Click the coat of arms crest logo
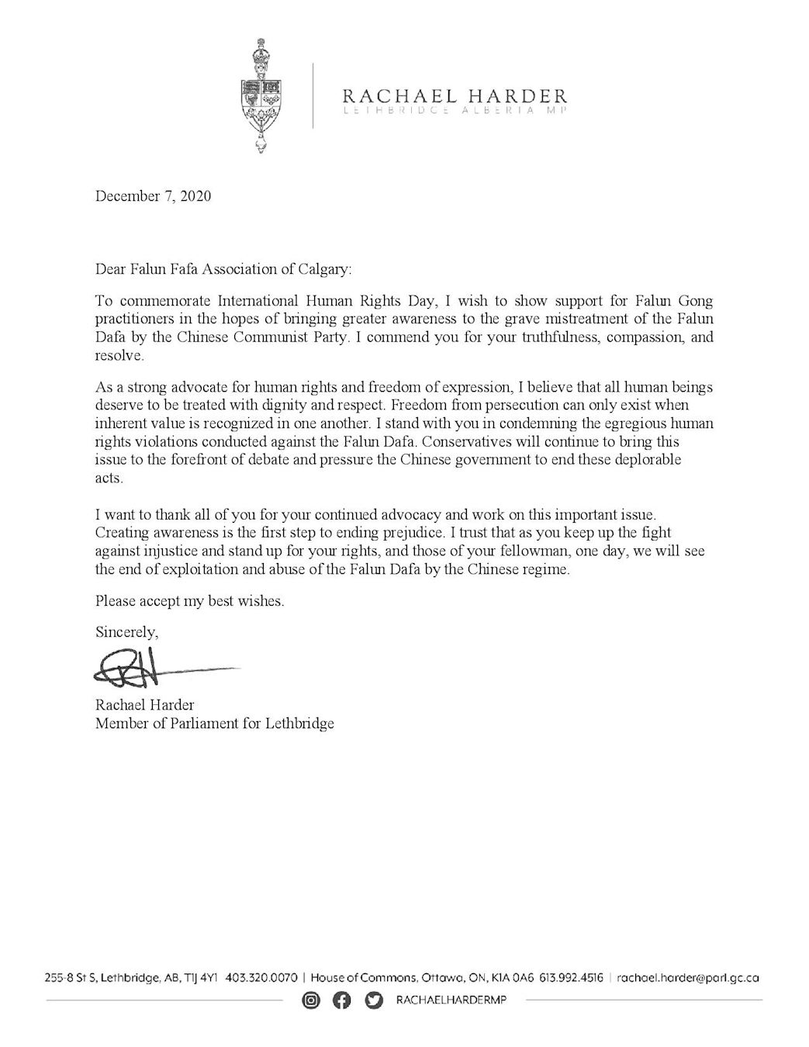click(264, 97)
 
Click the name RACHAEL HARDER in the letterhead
click(455, 96)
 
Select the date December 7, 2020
click(153, 196)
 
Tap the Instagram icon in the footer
click(311, 1001)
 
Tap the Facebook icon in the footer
click(341, 1001)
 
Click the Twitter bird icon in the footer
click(374, 1001)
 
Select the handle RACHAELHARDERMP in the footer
click(451, 1001)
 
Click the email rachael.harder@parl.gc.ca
click(687, 978)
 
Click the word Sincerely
click(126, 631)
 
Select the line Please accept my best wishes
click(189, 601)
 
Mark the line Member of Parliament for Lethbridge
click(214, 724)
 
